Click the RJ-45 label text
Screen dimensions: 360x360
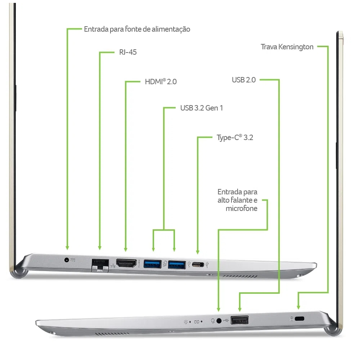pos(128,52)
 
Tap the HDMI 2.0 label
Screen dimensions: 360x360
pos(161,81)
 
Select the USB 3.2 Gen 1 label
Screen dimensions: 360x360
pos(202,108)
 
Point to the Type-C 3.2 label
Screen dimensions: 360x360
pos(235,138)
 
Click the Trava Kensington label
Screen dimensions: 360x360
pos(287,47)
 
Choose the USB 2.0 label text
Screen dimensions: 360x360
pos(244,80)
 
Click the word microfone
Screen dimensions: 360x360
pos(242,208)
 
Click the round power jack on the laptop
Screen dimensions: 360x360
pos(67,260)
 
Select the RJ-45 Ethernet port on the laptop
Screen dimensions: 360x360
pos(100,265)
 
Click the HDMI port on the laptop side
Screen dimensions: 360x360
pos(126,263)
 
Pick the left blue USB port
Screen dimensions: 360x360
pos(152,264)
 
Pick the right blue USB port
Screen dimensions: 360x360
pos(177,265)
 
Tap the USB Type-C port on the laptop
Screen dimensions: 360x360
pos(198,265)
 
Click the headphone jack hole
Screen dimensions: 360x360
pos(219,321)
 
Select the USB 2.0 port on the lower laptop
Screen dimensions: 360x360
pos(240,320)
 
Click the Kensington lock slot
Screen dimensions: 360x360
pos(300,319)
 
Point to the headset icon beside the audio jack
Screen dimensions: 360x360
pos(213,321)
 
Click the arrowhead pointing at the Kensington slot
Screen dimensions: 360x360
pos(298,307)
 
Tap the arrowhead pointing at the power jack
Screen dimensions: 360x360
pos(67,248)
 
